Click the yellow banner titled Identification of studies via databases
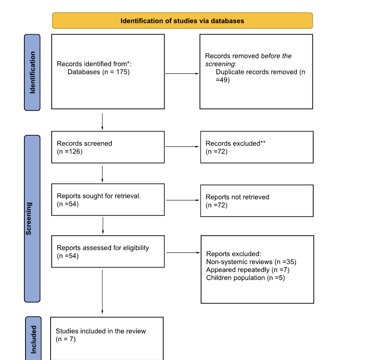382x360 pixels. tap(182, 21)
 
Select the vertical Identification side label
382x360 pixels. tap(32, 72)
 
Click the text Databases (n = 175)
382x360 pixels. tap(98, 72)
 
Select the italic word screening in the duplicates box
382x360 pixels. tap(220, 64)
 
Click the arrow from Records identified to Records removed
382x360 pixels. tap(182, 73)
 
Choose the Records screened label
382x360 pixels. tap(84, 144)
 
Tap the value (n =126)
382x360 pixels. tap(70, 152)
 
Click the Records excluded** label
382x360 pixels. tap(235, 144)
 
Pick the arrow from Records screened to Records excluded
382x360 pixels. tap(182, 147)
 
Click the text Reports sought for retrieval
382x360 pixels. tap(99, 196)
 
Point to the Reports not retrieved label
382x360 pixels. tap(237, 197)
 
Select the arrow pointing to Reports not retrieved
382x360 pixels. tap(183, 200)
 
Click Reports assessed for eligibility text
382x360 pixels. tap(103, 248)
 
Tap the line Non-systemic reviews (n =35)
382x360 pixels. tap(251, 262)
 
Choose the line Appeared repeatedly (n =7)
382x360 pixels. tap(248, 270)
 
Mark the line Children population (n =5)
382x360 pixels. tap(245, 278)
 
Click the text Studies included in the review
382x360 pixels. tap(101, 331)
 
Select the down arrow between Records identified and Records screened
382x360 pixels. tap(102, 121)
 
